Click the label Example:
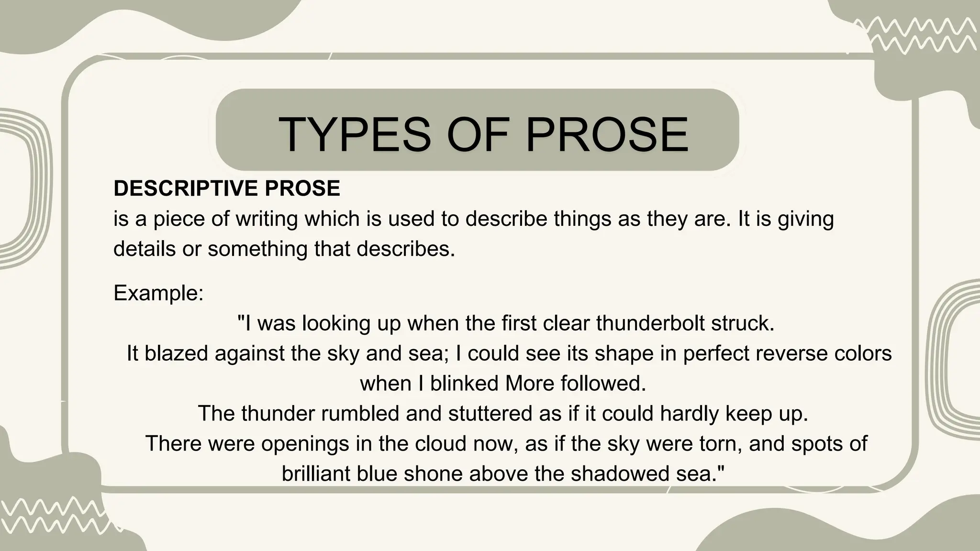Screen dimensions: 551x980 tap(158, 293)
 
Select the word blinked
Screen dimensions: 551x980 tap(457, 384)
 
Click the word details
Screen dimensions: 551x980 tap(145, 249)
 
